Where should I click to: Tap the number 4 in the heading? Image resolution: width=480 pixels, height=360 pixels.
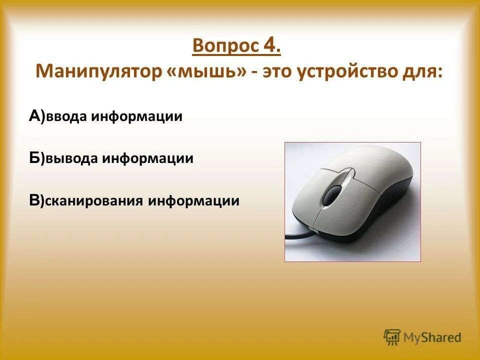[270, 45]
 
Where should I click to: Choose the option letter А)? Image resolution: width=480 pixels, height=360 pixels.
[37, 116]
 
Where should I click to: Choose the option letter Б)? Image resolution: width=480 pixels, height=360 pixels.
[37, 158]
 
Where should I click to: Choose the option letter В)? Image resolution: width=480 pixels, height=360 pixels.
[37, 200]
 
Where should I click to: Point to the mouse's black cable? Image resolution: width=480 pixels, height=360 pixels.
[295, 235]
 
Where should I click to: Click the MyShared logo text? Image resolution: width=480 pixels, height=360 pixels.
[431, 337]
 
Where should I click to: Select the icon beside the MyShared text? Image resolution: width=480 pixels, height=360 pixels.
[392, 337]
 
